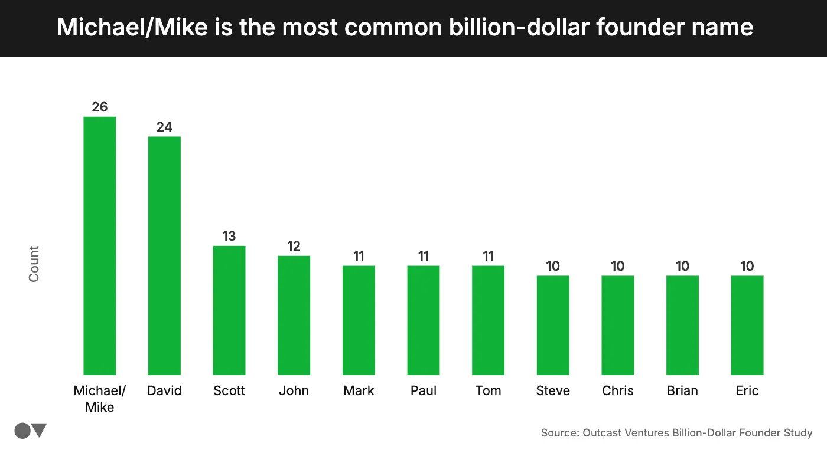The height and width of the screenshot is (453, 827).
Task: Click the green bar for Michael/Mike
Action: [99, 245]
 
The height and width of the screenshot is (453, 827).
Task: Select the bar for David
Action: [164, 255]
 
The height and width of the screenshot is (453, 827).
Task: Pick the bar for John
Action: [294, 315]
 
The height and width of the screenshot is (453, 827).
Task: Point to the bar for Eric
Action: [747, 325]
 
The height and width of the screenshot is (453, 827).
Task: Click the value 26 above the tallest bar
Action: [99, 107]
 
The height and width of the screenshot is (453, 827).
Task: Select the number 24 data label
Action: [164, 127]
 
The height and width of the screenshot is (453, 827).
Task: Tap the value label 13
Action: [229, 236]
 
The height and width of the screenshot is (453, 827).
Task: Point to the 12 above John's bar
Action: [294, 246]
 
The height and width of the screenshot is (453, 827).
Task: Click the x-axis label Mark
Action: [359, 390]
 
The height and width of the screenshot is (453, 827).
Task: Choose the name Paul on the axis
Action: [424, 390]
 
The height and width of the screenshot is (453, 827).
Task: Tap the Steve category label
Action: [553, 390]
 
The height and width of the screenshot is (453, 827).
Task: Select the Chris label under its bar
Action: [618, 390]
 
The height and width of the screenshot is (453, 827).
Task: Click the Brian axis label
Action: [682, 390]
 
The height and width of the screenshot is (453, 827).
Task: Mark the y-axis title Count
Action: [34, 264]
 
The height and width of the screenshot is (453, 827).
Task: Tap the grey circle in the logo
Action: [22, 431]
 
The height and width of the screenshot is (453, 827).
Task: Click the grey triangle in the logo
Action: [40, 431]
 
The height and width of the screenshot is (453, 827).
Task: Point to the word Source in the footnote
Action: [559, 433]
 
